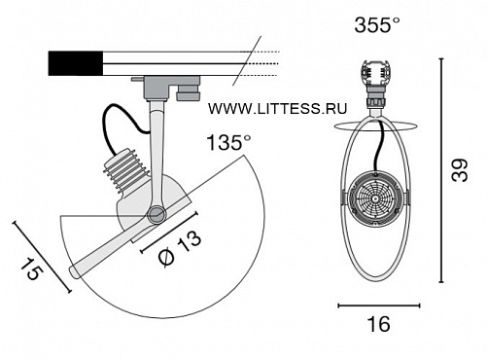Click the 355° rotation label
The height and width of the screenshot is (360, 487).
(377, 24)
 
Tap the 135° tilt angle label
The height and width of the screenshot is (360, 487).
(228, 142)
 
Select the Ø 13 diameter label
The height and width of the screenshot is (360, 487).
(180, 248)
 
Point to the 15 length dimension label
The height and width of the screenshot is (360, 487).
(31, 269)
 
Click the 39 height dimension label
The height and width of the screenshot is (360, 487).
(460, 170)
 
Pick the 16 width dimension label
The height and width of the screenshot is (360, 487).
(378, 324)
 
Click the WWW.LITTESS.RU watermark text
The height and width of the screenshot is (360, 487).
(277, 108)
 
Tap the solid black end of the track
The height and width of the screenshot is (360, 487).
(76, 63)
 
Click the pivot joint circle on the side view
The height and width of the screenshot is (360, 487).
(157, 214)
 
